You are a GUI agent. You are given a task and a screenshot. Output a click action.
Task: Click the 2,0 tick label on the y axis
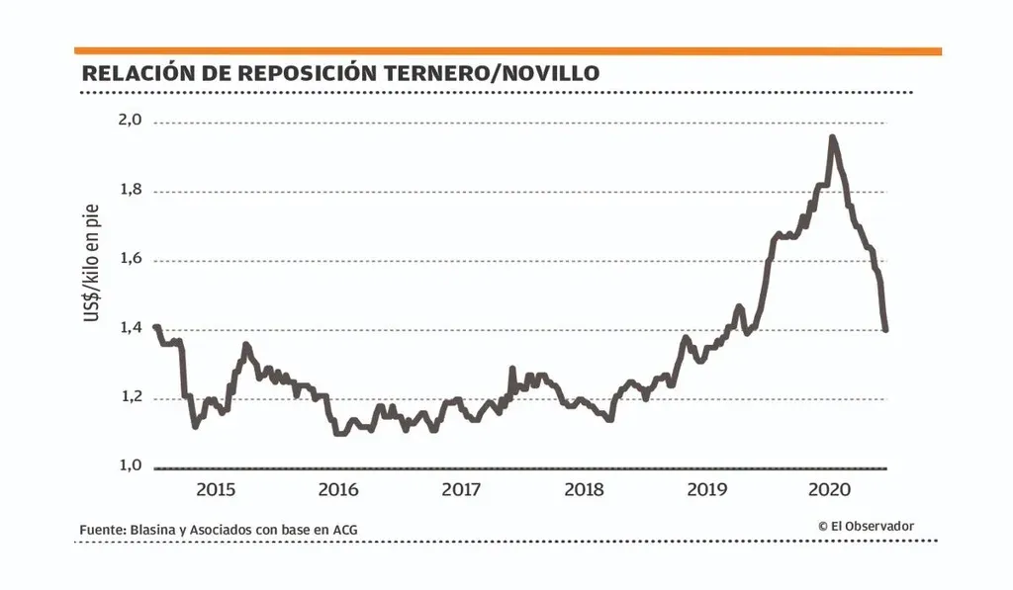pyautogui.click(x=131, y=121)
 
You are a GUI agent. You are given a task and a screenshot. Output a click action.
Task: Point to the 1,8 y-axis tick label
pyautogui.click(x=131, y=190)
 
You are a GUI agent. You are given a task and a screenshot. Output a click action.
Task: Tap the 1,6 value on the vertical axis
pyautogui.click(x=131, y=259)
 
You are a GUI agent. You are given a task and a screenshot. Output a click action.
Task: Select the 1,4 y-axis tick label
pyautogui.click(x=131, y=328)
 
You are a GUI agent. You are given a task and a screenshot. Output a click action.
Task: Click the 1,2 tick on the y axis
pyautogui.click(x=131, y=397)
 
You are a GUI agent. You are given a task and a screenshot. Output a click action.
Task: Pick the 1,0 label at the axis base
pyautogui.click(x=131, y=465)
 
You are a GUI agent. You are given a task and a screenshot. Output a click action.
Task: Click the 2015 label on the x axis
pyautogui.click(x=216, y=489)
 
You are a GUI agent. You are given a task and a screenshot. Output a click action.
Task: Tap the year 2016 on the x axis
pyautogui.click(x=338, y=489)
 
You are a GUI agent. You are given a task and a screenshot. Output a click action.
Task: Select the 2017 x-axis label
pyautogui.click(x=461, y=489)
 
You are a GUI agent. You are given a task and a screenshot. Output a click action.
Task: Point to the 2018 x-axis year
pyautogui.click(x=585, y=489)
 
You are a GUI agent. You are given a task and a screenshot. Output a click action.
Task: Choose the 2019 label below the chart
pyautogui.click(x=707, y=489)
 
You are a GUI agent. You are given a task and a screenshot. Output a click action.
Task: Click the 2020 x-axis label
pyautogui.click(x=830, y=489)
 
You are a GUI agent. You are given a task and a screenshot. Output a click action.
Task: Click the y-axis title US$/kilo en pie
pyautogui.click(x=92, y=263)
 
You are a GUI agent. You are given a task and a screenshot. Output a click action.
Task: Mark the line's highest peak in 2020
pyautogui.click(x=832, y=137)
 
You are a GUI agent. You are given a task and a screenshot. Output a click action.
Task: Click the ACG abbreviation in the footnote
pyautogui.click(x=343, y=531)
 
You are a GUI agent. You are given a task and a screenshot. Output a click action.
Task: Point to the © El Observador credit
pyautogui.click(x=866, y=527)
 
